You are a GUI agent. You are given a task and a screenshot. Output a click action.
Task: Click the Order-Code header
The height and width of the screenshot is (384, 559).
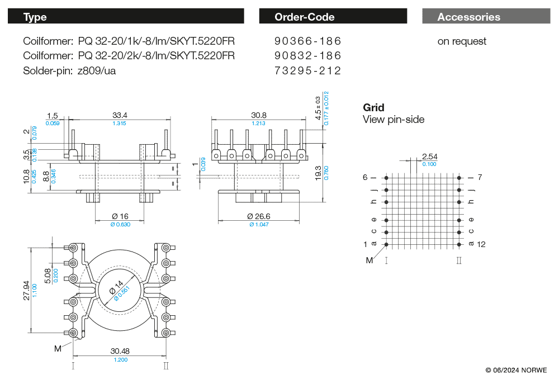pos(304,17)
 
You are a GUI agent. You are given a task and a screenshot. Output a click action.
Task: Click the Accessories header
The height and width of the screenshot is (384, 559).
pos(468,17)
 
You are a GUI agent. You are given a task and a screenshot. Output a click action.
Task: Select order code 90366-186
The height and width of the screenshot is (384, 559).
pos(307,41)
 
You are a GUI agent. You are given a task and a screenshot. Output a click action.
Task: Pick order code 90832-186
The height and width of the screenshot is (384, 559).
pos(307,56)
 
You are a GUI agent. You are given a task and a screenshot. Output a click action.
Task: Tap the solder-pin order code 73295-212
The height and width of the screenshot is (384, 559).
pos(307,70)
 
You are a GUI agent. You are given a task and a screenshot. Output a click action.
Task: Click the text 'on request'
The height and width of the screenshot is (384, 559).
pos(462,41)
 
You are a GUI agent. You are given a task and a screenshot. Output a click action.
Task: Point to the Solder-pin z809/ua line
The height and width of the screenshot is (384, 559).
pos(69,70)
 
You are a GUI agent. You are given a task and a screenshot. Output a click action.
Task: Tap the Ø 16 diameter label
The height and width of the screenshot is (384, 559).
pos(120,216)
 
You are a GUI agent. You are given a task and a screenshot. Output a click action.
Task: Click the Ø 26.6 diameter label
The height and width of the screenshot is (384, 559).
pos(258,216)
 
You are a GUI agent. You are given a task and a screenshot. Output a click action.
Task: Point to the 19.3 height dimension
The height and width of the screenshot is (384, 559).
pos(318,172)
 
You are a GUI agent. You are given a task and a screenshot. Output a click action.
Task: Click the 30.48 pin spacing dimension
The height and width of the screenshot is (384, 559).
pos(120,351)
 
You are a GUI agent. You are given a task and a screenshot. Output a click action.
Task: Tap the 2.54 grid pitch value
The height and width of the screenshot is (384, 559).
pos(429,157)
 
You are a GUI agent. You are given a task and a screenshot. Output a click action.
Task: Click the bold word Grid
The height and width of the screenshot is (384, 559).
pos(373,107)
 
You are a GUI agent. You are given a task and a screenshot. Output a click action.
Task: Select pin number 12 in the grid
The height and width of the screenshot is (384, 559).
pos(482,244)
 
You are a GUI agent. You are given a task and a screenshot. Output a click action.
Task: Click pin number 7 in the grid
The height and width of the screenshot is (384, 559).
pos(480,177)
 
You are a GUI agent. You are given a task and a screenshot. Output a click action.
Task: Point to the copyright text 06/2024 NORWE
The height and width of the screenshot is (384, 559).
pos(516,370)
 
